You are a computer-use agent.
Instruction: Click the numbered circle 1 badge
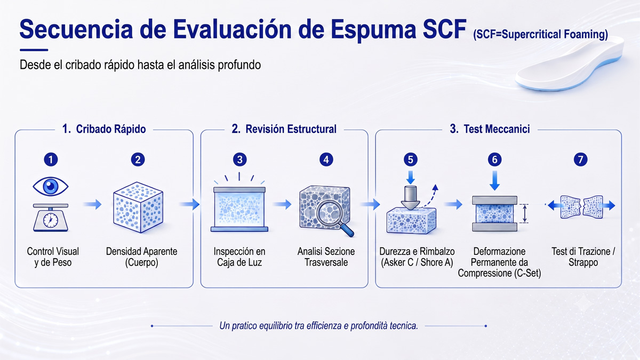[x=51, y=159]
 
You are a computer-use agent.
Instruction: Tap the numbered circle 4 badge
[x=326, y=159]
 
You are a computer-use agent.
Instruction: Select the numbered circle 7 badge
[x=581, y=159]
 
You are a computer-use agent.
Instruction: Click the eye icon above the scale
[x=51, y=187]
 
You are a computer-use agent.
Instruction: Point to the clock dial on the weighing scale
[x=51, y=220]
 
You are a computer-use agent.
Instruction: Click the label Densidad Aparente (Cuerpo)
[x=141, y=257]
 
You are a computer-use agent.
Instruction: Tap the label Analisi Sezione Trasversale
[x=326, y=257]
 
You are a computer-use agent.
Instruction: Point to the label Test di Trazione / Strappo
[x=583, y=257]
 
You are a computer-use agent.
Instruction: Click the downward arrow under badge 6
[x=494, y=181]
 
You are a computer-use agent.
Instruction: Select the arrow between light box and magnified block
[x=282, y=204]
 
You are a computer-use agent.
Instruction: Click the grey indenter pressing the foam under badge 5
[x=411, y=198]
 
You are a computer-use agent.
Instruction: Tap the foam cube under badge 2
[x=138, y=207]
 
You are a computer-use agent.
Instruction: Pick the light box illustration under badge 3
[x=239, y=209]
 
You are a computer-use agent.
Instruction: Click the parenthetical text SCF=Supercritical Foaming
[x=541, y=35]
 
